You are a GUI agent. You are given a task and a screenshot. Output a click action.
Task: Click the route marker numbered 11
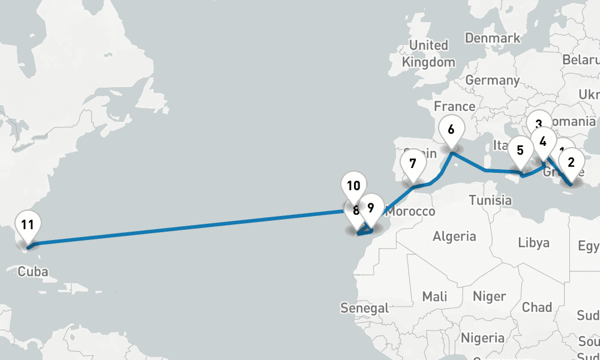(27, 226)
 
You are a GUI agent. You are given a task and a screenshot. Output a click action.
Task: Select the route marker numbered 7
(412, 164)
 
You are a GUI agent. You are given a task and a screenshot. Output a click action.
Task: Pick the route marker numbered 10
(353, 186)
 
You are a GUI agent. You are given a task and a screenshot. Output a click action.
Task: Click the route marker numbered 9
(371, 209)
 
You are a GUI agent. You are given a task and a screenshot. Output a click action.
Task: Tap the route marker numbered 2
(571, 162)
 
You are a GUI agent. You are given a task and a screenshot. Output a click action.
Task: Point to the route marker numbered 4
(543, 143)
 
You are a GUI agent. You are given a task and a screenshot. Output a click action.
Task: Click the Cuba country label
(32, 271)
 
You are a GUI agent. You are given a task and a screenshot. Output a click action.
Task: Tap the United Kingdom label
(428, 53)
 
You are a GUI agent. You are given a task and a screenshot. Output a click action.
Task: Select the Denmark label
(493, 38)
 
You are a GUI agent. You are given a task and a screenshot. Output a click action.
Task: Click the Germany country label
(492, 80)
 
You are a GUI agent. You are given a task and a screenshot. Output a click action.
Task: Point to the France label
(454, 107)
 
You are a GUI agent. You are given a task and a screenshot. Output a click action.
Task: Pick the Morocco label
(410, 212)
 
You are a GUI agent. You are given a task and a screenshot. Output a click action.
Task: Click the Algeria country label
(454, 236)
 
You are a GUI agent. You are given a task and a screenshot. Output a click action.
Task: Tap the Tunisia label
(491, 200)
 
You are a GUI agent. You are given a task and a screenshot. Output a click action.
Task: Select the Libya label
(533, 243)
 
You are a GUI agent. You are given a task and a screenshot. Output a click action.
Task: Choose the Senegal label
(364, 308)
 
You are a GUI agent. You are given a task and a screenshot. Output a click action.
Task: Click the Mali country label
(434, 296)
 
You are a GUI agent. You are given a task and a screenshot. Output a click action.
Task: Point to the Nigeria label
(482, 338)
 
